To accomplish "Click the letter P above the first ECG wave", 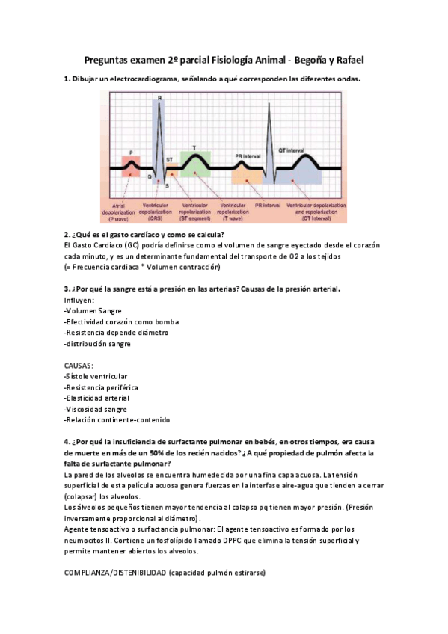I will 132,153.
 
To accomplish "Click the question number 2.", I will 67,235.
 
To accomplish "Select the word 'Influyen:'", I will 79,300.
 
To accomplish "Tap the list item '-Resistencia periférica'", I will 102,387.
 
